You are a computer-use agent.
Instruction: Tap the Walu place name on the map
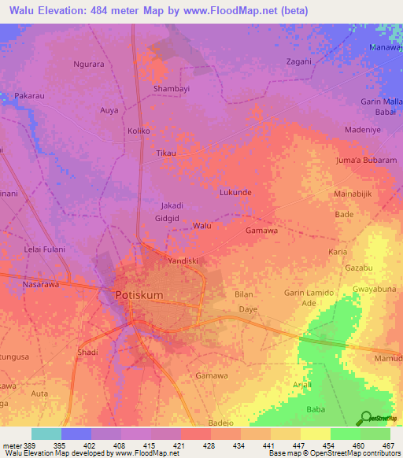pyautogui.click(x=202, y=226)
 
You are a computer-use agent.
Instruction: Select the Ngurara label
pyautogui.click(x=88, y=64)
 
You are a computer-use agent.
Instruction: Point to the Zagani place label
pyautogui.click(x=299, y=61)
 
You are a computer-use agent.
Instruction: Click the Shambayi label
pyautogui.click(x=172, y=89)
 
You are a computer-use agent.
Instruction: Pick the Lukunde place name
pyautogui.click(x=235, y=192)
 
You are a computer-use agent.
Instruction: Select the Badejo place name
pyautogui.click(x=221, y=423)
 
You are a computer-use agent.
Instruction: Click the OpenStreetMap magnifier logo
pyautogui.click(x=365, y=419)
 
